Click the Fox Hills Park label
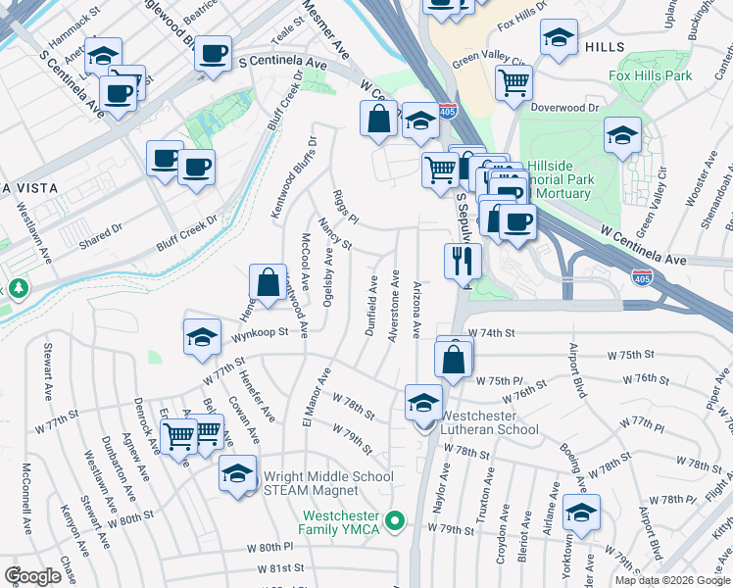(650, 75)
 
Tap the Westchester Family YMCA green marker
(396, 520)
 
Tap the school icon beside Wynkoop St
(202, 337)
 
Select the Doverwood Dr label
(564, 107)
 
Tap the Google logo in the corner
(32, 576)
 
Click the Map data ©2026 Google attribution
(672, 580)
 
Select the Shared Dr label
(103, 229)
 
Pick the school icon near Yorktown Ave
(582, 513)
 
